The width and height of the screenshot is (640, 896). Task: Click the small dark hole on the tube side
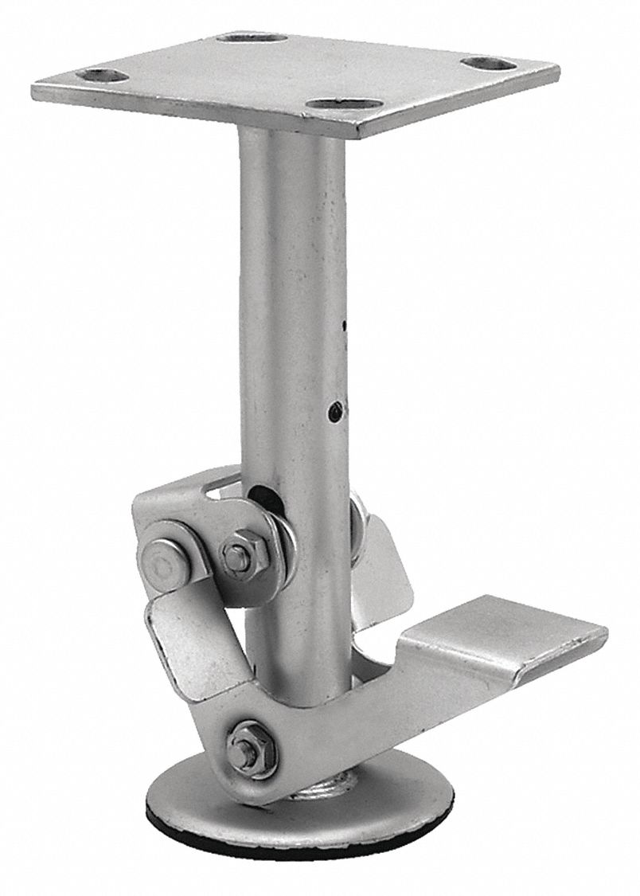click(x=336, y=411)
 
